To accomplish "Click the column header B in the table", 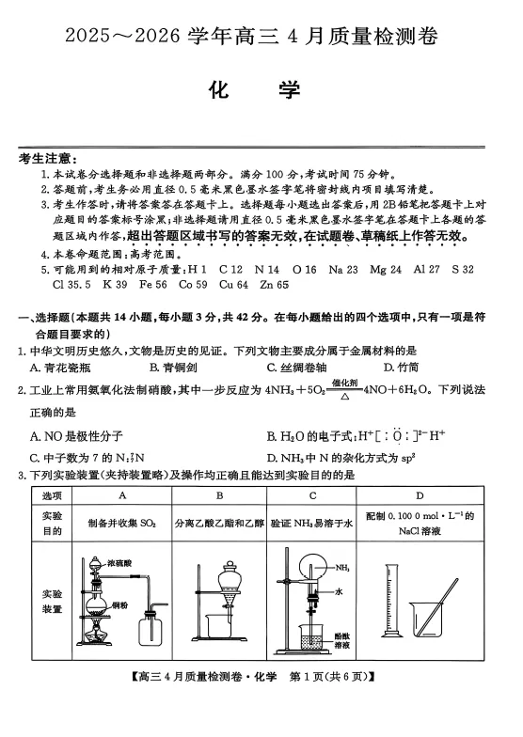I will tap(219, 494).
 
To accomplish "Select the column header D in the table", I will tap(420, 494).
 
